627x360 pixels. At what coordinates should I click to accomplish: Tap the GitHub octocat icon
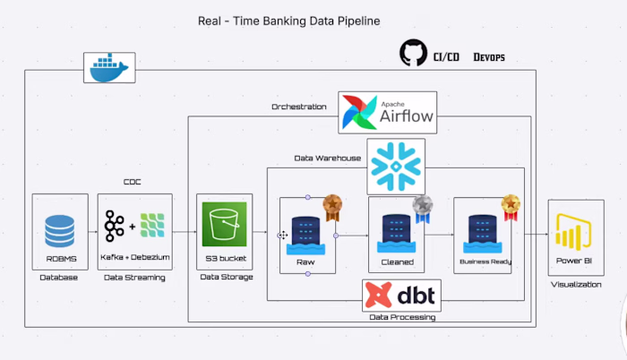point(413,53)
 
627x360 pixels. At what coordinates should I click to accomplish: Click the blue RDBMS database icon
point(60,230)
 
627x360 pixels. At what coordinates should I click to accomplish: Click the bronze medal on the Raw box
point(332,208)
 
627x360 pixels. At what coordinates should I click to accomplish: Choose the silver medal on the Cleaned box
point(422,208)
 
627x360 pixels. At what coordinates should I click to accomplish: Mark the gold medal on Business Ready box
point(511,208)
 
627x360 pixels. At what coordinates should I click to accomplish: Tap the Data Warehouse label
point(327,159)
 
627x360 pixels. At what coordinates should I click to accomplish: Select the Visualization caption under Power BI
point(576,283)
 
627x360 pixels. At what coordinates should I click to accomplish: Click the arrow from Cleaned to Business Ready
point(439,236)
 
